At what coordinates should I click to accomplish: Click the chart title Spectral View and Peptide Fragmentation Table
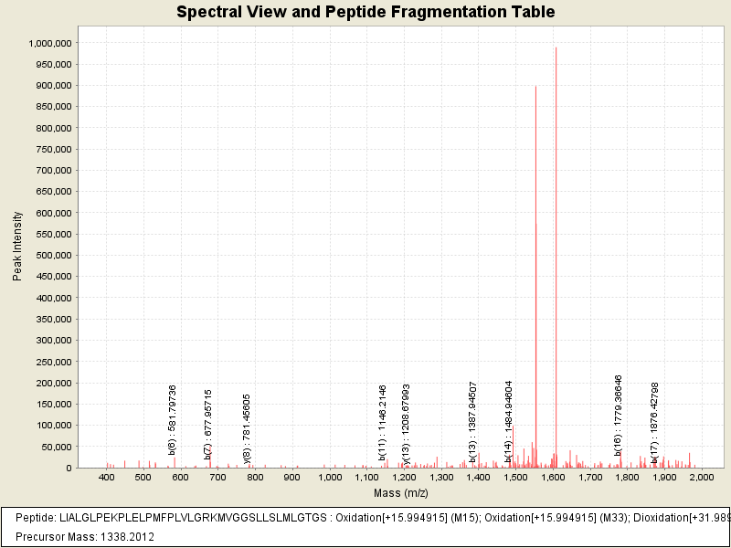(365, 12)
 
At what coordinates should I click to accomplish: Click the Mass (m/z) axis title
(403, 493)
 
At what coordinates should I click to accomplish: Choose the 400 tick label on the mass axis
(107, 478)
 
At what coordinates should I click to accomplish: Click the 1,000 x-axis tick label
(329, 478)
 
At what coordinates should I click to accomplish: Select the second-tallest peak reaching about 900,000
(535, 274)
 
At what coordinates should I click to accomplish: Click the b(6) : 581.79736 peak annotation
(173, 419)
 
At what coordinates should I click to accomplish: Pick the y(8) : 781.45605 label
(247, 425)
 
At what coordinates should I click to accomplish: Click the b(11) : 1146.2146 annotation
(383, 423)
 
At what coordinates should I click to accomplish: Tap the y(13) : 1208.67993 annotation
(406, 422)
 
